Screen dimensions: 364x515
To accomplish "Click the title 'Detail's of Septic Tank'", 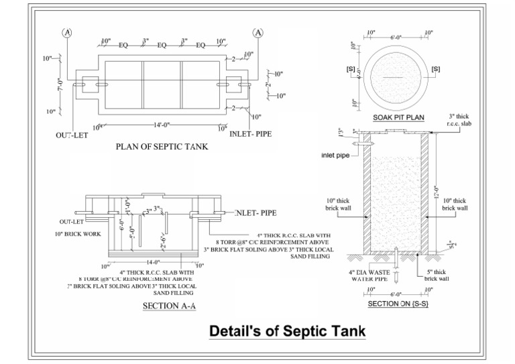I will tap(288, 331).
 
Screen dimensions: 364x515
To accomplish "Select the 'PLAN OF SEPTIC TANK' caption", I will tap(162, 146).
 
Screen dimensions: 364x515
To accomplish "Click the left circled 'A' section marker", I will tap(66, 32).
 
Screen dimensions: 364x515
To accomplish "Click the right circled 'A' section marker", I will tap(258, 32).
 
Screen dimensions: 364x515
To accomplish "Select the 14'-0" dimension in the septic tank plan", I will tap(162, 125).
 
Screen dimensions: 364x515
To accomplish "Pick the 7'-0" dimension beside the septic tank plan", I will tap(60, 85).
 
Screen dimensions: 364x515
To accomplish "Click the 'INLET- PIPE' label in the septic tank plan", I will tap(251, 134).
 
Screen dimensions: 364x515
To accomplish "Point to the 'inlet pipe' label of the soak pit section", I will tap(337, 155).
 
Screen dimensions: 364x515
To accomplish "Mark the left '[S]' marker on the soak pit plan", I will tap(350, 69).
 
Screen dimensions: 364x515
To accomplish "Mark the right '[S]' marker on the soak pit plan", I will tap(436, 69).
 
